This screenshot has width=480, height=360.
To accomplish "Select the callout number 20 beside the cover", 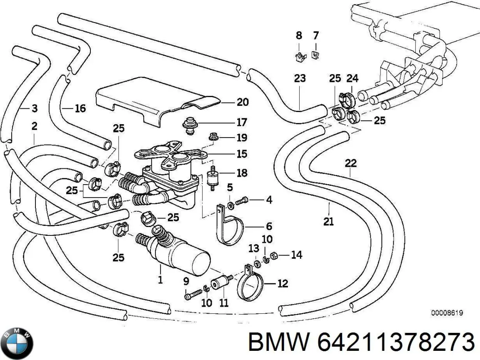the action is pos(242,102).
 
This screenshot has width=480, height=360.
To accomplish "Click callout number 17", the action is pos(242,122).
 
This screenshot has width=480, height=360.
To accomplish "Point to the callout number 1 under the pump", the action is pos(160,280).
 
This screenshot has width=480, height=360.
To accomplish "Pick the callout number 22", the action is pos(350,163).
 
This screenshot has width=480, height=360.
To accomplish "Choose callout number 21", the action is pos(328,221).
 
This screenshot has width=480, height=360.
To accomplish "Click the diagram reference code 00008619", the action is pos(447,313).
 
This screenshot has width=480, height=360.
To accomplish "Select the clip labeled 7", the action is pos(315,55).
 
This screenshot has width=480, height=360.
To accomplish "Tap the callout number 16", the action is pos(80,108).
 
